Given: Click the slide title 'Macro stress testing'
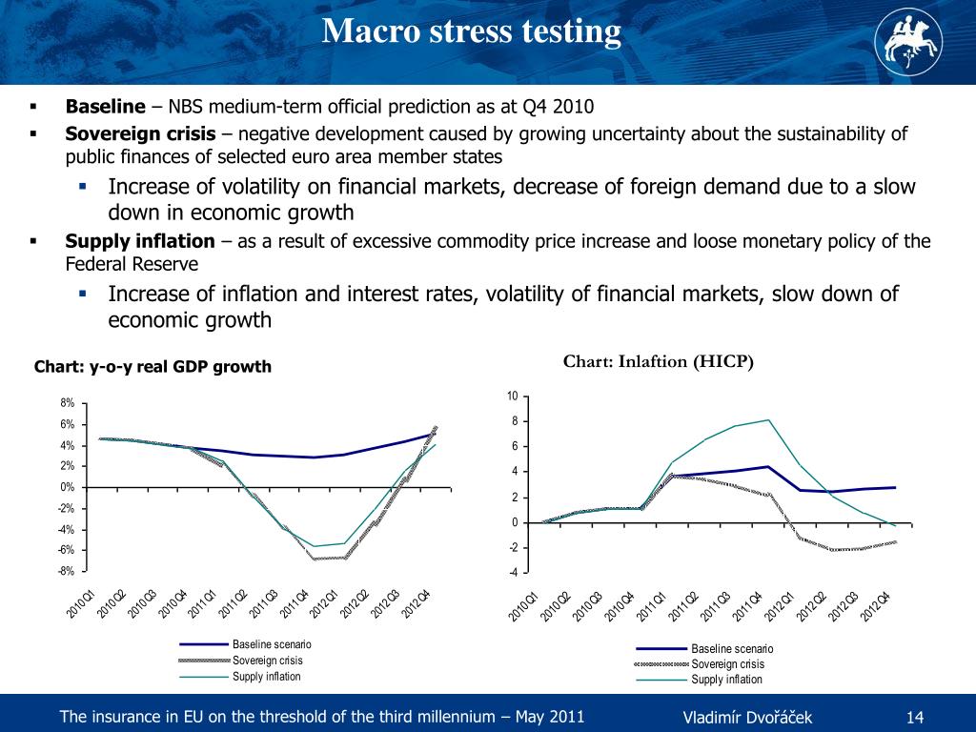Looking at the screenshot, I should [x=472, y=32].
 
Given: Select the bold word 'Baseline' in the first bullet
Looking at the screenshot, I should [x=105, y=107].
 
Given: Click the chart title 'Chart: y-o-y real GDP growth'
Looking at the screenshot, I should [x=152, y=367].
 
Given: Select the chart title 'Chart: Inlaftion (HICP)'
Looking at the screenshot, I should [x=659, y=361].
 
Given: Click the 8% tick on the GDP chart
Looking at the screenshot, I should [x=70, y=403].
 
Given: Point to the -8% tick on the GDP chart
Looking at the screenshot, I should [x=68, y=571].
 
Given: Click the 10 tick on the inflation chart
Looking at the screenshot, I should [x=512, y=396].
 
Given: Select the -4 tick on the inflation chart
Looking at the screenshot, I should [x=513, y=573].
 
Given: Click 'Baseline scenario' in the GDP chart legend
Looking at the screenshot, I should [x=272, y=645].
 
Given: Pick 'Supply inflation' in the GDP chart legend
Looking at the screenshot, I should [x=266, y=677].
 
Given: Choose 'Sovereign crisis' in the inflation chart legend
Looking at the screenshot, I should [x=727, y=663].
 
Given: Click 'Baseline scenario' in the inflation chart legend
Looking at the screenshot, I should [x=731, y=649].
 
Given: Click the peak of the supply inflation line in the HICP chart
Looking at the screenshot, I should [x=768, y=420].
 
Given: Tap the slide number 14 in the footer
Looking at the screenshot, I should [x=915, y=717].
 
